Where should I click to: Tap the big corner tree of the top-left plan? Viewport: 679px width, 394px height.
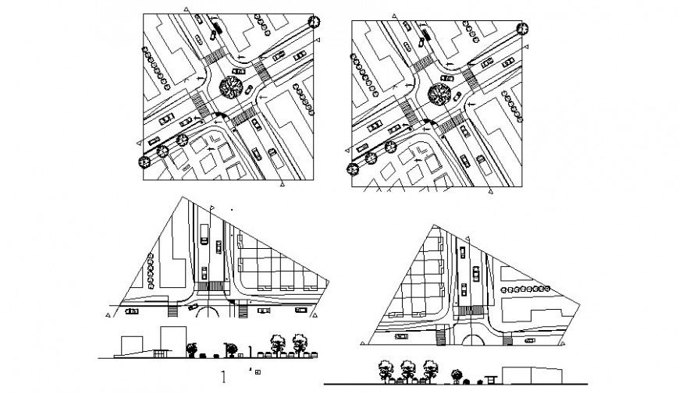(315, 22)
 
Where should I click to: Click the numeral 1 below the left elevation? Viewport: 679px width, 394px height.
(223, 378)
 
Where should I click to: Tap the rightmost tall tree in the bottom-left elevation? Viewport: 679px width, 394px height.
(299, 343)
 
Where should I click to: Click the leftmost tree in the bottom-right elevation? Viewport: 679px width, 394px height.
(384, 368)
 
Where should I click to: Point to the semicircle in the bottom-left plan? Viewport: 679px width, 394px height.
(209, 311)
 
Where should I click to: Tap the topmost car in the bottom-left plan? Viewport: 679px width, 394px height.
(203, 230)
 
